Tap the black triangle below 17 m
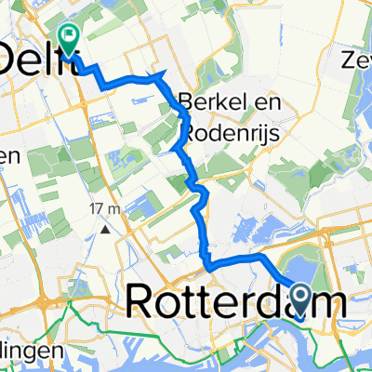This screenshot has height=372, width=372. click(107, 227)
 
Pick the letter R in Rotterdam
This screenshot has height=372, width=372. click(140, 300)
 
